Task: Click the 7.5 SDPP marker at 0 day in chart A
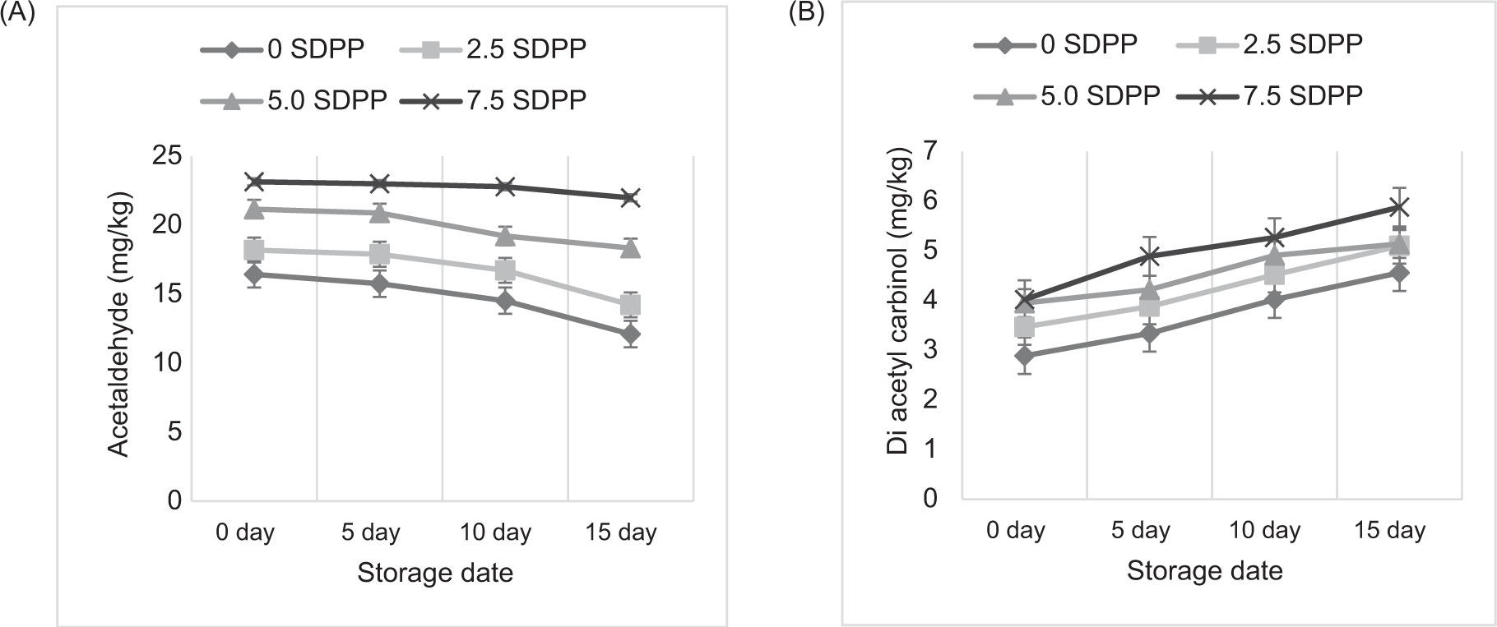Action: point(253,182)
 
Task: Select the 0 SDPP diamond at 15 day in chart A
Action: point(631,334)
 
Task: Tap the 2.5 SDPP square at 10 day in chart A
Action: point(505,270)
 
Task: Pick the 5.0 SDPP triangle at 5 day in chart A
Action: point(379,214)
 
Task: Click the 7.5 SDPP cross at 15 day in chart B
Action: point(1397,206)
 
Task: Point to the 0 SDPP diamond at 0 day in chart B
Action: point(1024,356)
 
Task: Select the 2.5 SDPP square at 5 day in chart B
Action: point(1149,307)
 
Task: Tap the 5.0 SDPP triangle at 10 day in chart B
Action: point(1274,256)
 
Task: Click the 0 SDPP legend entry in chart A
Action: point(282,49)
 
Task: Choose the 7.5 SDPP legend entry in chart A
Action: point(494,100)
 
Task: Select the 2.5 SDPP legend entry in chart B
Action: point(1271,44)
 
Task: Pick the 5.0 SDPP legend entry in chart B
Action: point(1067,95)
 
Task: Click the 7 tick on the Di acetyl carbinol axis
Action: point(930,150)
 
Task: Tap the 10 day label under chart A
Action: point(496,532)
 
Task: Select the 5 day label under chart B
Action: point(1140,530)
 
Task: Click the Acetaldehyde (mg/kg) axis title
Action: point(120,324)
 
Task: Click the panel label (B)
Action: point(806,14)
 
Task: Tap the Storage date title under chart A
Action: point(435,573)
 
